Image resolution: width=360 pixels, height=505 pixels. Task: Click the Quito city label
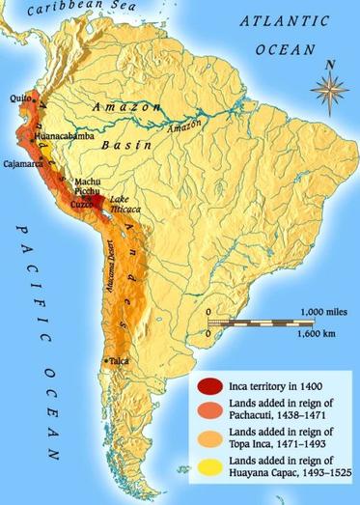point(17,97)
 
